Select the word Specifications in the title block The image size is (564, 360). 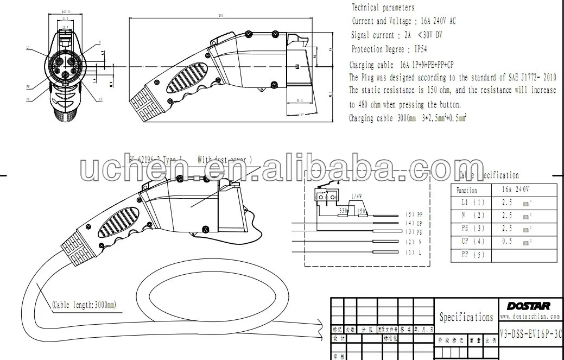pyautogui.click(x=466, y=317)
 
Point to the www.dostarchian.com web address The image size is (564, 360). pyautogui.click(x=530, y=315)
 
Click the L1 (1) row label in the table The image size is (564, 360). pyautogui.click(x=471, y=202)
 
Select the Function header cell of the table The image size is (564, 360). pyautogui.click(x=467, y=190)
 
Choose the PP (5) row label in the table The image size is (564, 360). pyautogui.click(x=471, y=255)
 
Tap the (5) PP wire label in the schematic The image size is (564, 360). pyautogui.click(x=414, y=214)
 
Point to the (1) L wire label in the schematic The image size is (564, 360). pyautogui.click(x=414, y=252)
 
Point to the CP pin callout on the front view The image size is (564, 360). pyautogui.click(x=101, y=99)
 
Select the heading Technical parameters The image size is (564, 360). pyautogui.click(x=383, y=8)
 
